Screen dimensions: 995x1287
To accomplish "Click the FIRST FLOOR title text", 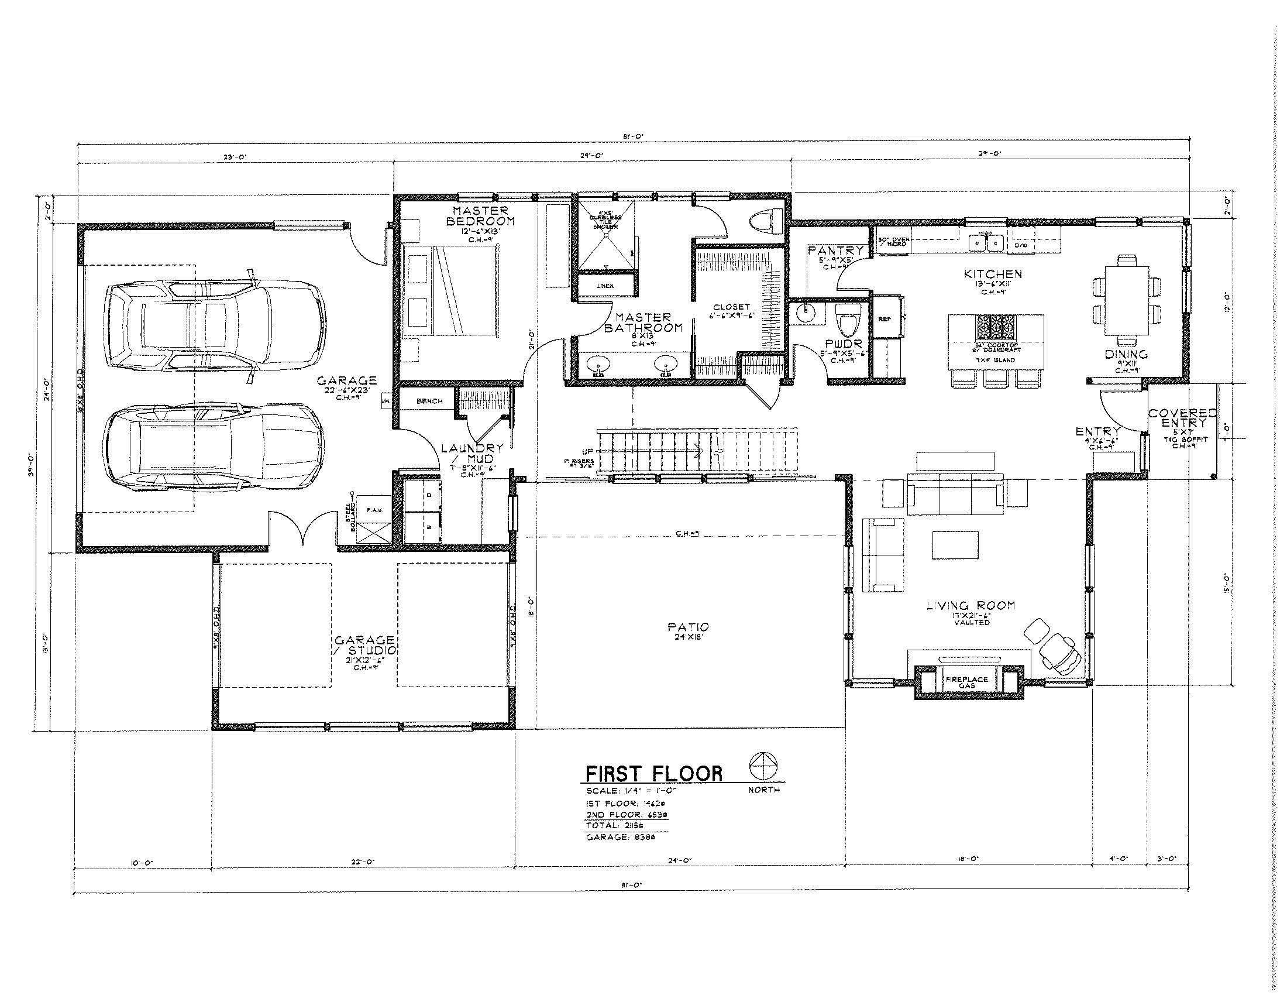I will [653, 773].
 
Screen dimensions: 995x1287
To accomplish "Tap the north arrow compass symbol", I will [763, 767].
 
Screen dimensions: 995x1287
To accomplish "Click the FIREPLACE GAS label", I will [967, 682].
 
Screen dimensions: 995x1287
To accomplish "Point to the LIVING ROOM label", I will [971, 605].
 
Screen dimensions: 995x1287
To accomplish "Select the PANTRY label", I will [835, 251].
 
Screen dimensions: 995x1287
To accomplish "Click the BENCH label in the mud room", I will [429, 401].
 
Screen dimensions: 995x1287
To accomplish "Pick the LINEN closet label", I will [605, 286].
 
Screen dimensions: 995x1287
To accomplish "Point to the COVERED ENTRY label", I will [1183, 417].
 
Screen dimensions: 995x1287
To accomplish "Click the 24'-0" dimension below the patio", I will [679, 860].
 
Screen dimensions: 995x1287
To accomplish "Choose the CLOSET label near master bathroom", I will [731, 307].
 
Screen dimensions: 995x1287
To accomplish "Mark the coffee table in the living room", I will [955, 545].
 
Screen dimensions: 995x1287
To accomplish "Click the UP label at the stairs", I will [588, 452].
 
